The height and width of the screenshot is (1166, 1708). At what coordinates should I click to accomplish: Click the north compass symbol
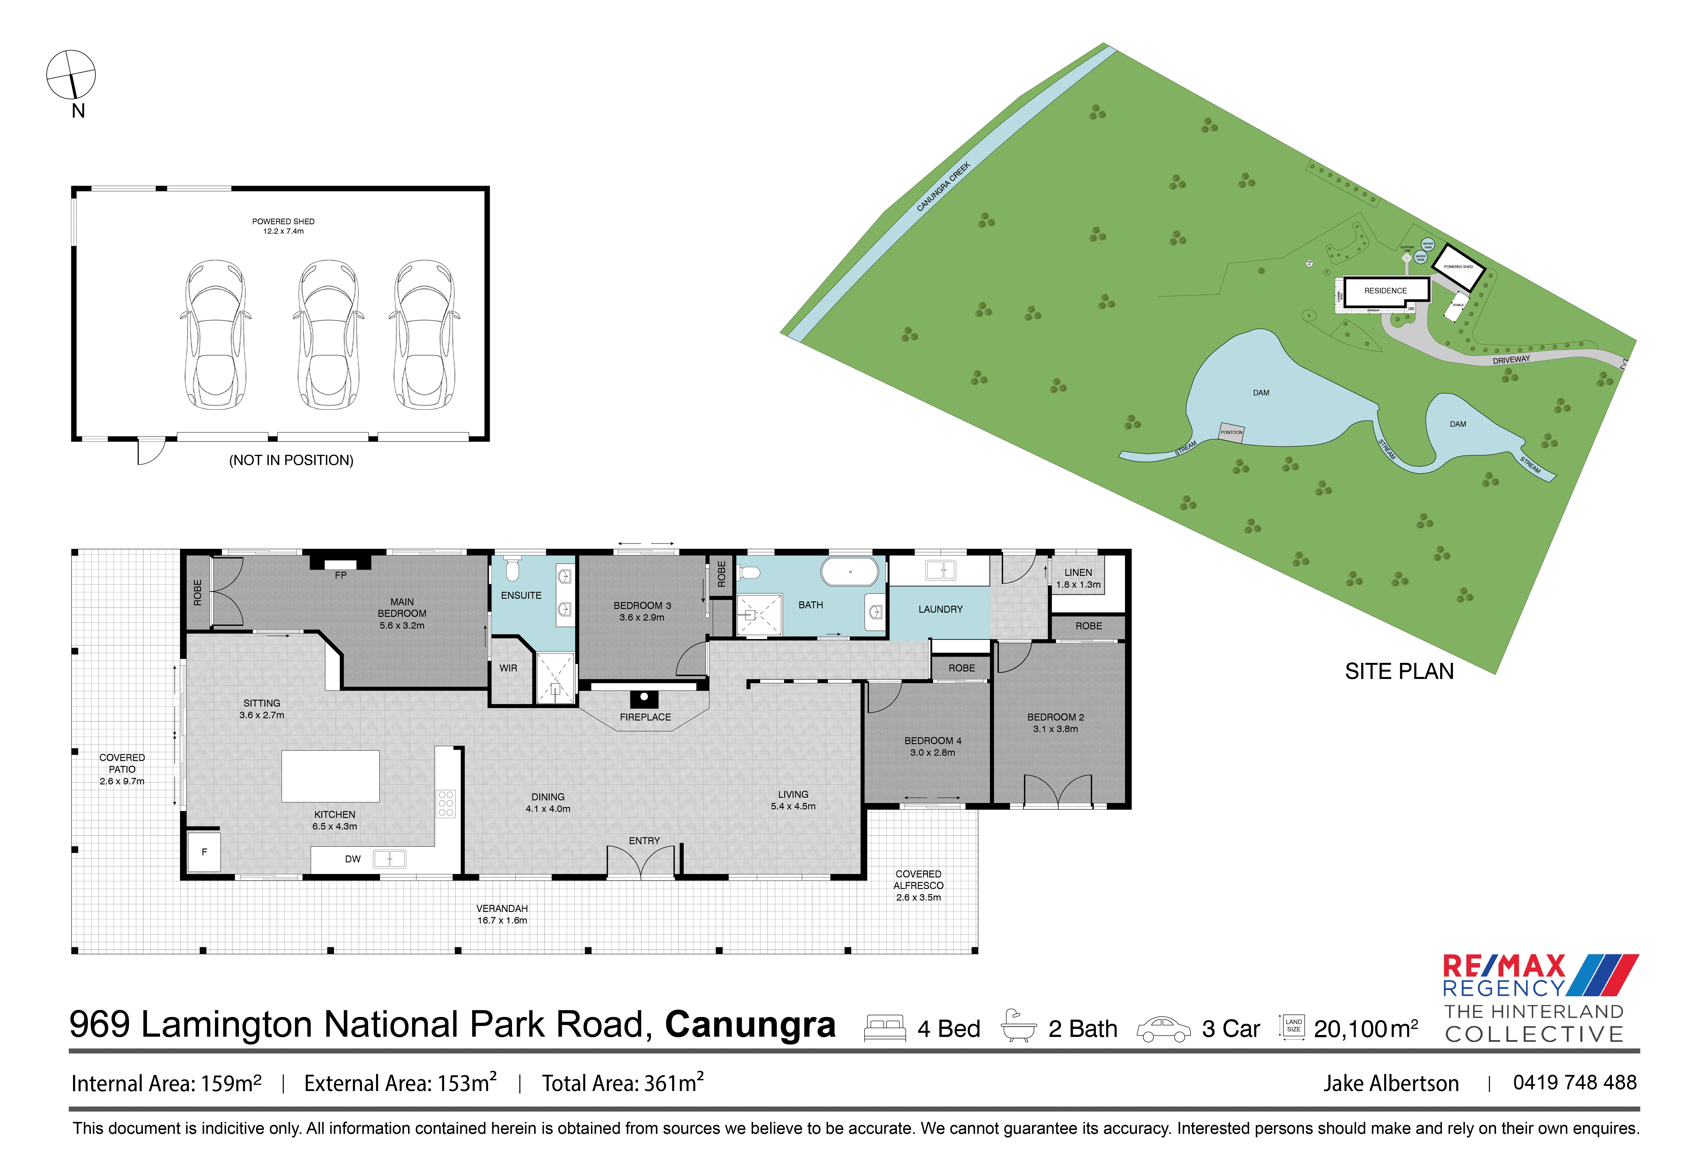pos(71,74)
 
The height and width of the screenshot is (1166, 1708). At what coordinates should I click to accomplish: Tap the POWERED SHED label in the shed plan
pos(283,221)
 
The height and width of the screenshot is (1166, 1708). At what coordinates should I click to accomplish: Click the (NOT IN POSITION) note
pos(291,460)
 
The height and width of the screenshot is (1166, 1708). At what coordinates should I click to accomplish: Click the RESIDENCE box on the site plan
pos(1385,290)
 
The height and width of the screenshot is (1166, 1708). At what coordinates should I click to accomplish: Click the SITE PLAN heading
pos(1399,671)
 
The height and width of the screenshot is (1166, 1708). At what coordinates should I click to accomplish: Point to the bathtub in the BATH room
pos(850,571)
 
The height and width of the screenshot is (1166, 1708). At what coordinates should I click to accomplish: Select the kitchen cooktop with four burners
pos(445,804)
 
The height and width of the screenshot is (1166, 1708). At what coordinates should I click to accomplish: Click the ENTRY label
pos(644,840)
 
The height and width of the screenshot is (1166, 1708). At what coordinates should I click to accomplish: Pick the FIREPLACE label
pos(645,717)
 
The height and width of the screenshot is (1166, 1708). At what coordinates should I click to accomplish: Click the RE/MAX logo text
pos(1504,965)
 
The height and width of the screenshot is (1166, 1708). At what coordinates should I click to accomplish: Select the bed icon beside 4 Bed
pos(884,1028)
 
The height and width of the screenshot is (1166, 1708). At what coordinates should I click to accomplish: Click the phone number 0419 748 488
pos(1574,1082)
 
